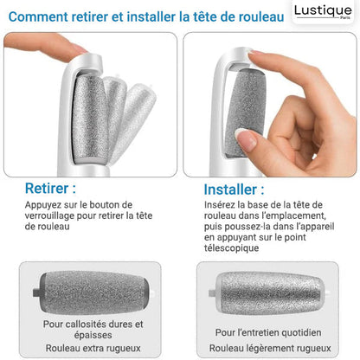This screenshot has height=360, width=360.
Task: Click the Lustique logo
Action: point(323,11)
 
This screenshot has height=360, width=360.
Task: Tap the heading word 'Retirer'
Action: point(47,189)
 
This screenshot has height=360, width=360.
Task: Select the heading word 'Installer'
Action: point(230,190)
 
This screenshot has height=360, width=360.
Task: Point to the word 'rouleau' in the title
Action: point(261,16)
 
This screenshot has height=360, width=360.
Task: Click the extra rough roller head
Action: point(93,292)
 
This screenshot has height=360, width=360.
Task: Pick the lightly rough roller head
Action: point(269,292)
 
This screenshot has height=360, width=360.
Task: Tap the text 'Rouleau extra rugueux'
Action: point(93,348)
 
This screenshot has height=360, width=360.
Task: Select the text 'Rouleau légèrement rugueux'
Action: point(270,348)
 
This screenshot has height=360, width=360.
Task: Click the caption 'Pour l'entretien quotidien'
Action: point(268,332)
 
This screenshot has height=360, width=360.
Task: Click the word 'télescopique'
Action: point(231,247)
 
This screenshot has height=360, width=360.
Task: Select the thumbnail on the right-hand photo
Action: point(246,138)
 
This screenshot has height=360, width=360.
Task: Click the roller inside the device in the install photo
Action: point(245,112)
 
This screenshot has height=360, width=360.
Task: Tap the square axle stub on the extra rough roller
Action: point(36,292)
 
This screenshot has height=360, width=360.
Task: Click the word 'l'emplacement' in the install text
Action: point(295,215)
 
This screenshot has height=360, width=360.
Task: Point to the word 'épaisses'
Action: point(93,335)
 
